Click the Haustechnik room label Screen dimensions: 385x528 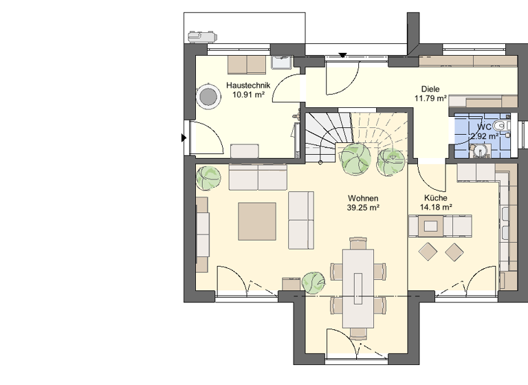(248, 86)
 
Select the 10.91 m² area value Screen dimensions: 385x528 (248, 95)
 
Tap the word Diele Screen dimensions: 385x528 (430, 89)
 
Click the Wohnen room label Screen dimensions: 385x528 (364, 197)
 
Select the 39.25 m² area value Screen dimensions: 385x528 (364, 206)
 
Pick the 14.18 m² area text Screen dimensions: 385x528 (436, 206)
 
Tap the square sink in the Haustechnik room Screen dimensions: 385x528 (281, 63)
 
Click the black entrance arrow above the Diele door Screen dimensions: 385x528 (343, 55)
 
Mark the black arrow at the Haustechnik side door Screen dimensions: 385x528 (183, 138)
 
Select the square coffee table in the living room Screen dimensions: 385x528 (257, 221)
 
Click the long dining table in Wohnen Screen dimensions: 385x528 (357, 287)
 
